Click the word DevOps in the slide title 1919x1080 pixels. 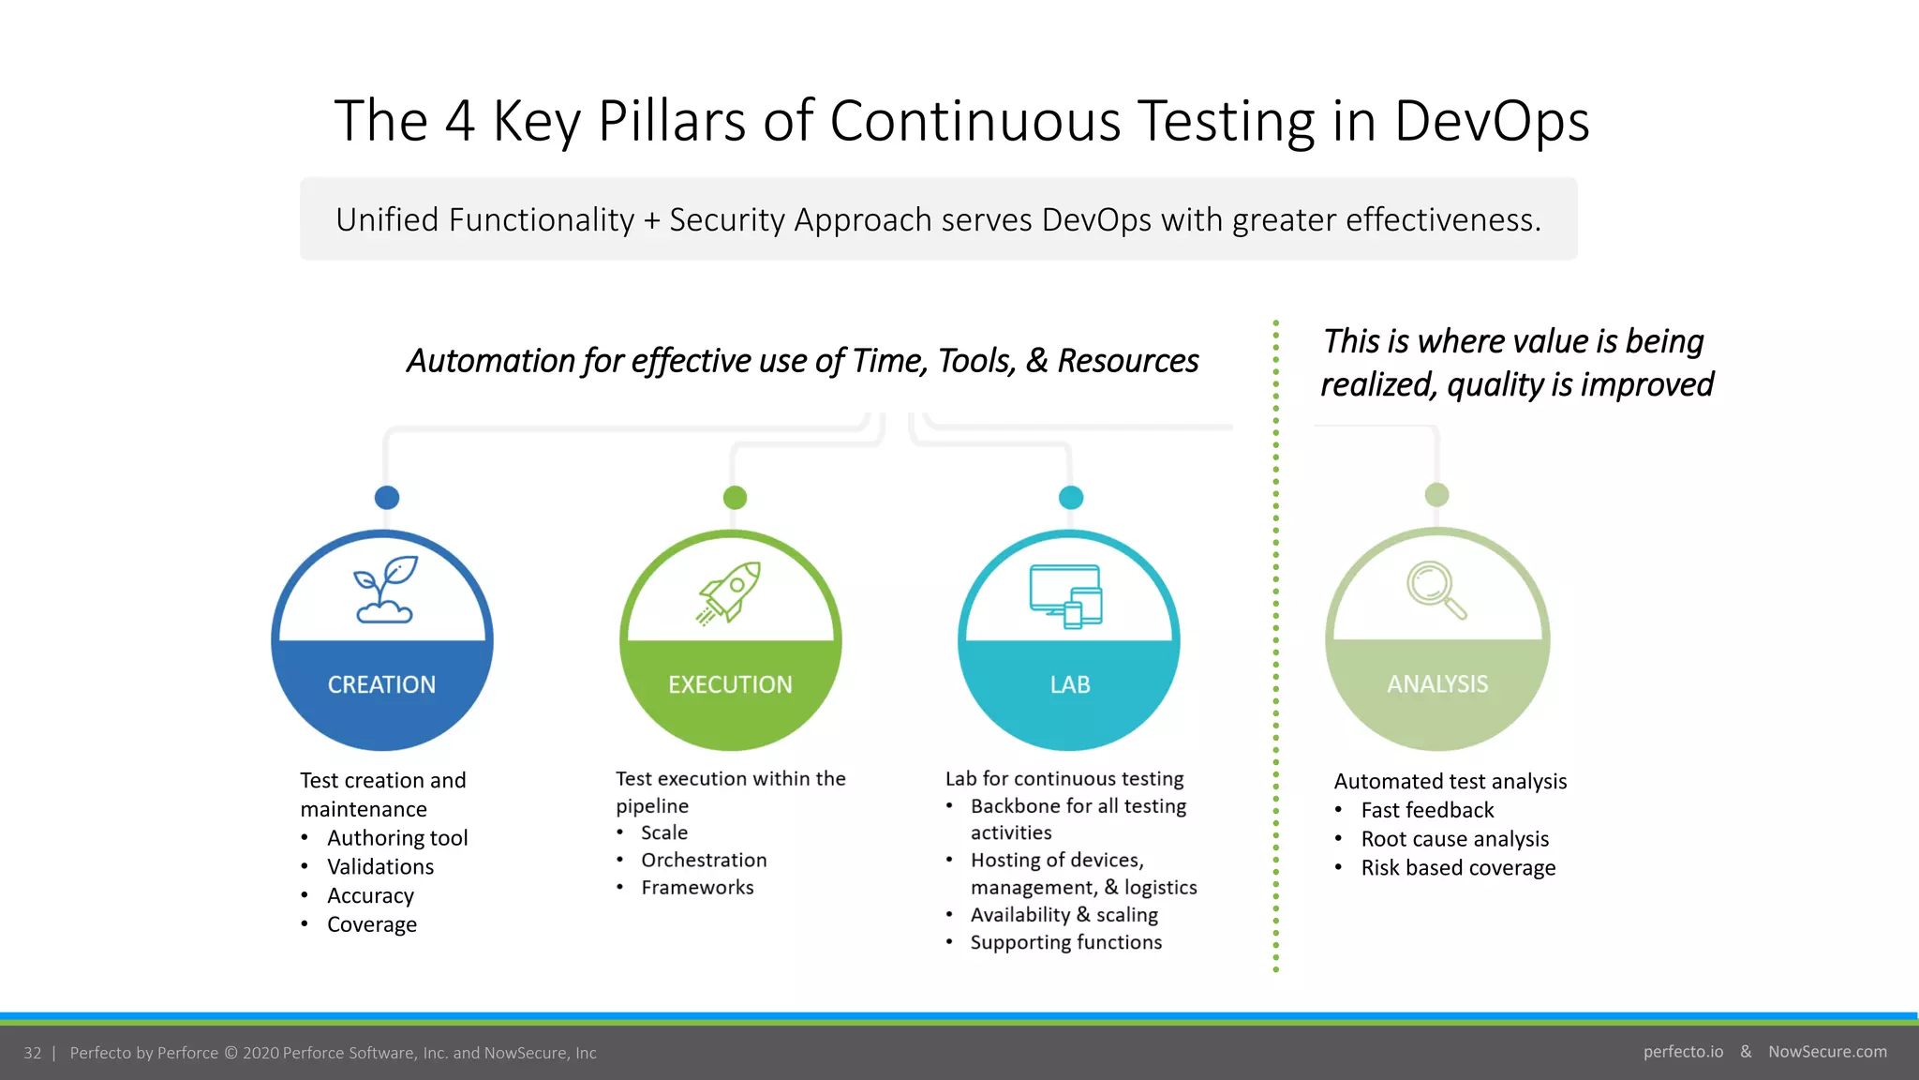1491,122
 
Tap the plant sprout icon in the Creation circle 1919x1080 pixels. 385,590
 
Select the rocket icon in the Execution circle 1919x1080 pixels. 729,592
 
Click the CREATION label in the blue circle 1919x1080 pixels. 381,685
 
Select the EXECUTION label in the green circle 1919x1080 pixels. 730,685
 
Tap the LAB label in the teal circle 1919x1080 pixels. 1069,685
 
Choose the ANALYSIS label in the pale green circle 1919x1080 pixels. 1436,684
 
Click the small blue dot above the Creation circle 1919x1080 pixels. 387,497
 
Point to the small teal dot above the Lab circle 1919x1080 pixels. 1070,497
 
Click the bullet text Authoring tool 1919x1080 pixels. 397,838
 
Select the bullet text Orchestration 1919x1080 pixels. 704,861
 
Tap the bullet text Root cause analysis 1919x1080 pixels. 1454,840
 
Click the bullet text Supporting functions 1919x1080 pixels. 1065,943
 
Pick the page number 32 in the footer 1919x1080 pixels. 33,1053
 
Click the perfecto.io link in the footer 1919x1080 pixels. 1683,1052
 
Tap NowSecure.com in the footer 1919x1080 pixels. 1827,1052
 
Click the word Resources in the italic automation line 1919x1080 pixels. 1127,361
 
